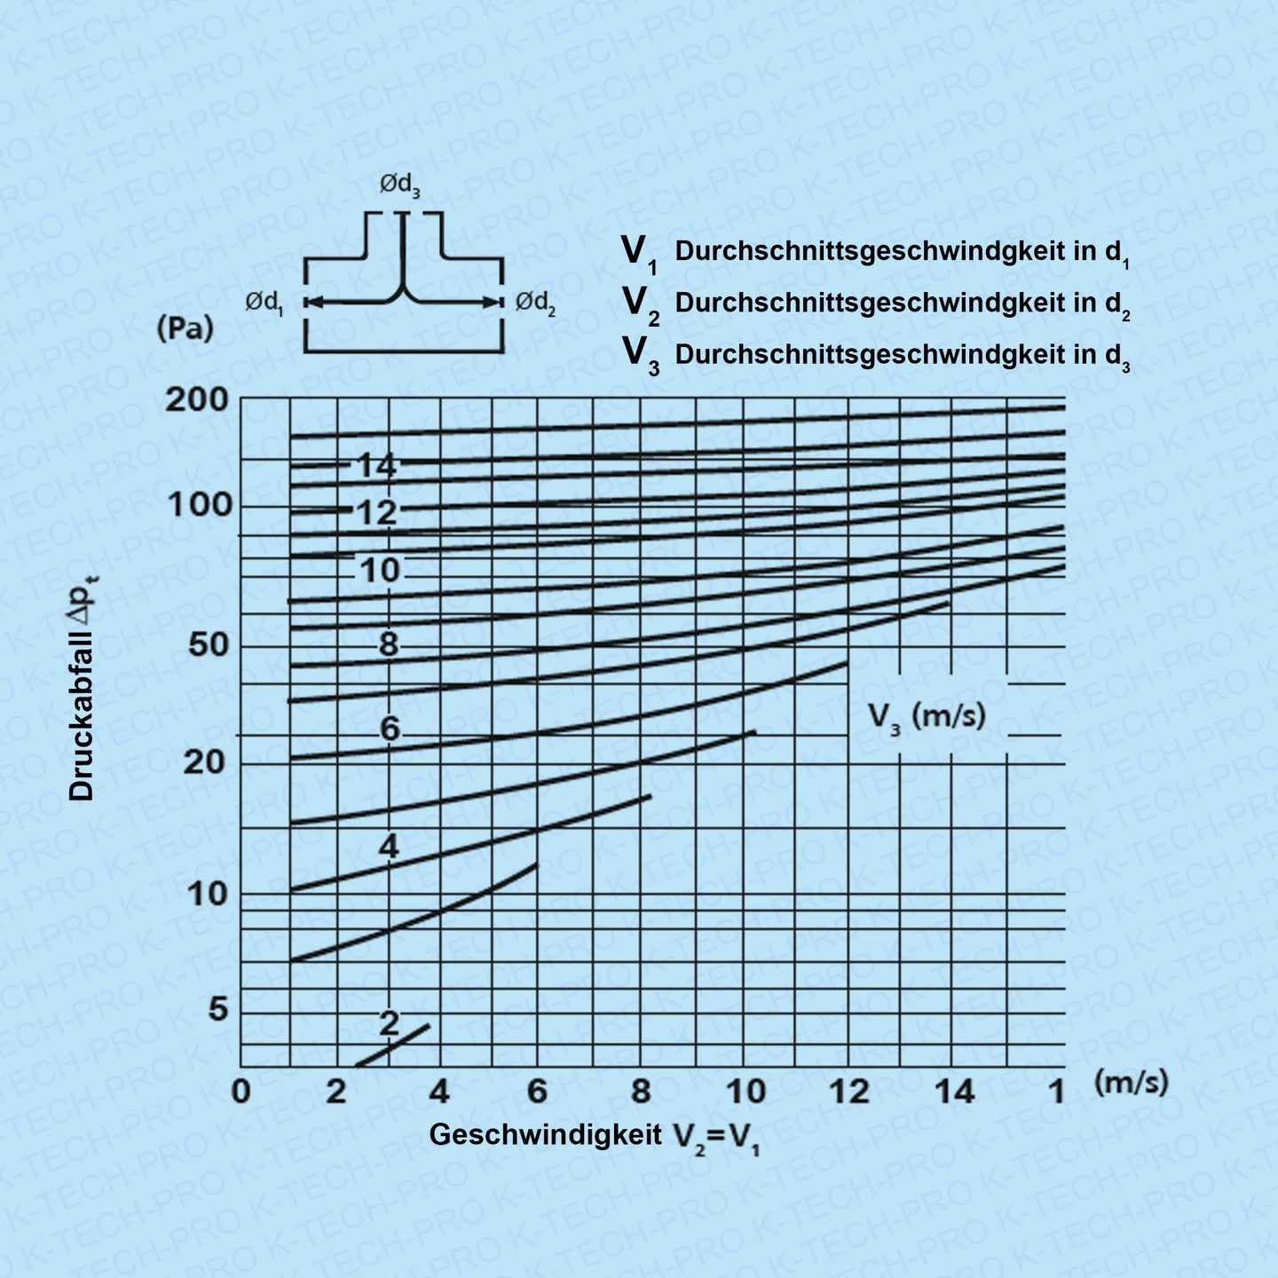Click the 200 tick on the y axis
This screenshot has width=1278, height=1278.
[196, 400]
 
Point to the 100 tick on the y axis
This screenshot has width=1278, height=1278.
[200, 506]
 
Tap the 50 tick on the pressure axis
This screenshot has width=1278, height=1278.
[209, 645]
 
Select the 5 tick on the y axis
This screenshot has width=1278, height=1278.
[217, 1009]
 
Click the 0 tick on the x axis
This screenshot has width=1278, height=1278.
[241, 1092]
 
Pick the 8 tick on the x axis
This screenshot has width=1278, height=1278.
[640, 1092]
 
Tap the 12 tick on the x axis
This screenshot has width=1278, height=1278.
[848, 1092]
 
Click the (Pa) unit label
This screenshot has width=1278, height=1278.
[185, 329]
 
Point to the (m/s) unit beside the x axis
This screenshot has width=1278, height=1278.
[1131, 1082]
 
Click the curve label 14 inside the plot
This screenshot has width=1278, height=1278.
[377, 465]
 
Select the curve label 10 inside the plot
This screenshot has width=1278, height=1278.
[381, 570]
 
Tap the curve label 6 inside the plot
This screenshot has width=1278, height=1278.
[390, 730]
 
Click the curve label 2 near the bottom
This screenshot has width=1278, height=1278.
[389, 1023]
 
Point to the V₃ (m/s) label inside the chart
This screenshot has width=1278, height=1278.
[927, 715]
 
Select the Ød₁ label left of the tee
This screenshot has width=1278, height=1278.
[264, 304]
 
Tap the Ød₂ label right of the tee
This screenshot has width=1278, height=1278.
[536, 304]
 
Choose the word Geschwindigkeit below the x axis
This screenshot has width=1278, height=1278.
[546, 1134]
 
